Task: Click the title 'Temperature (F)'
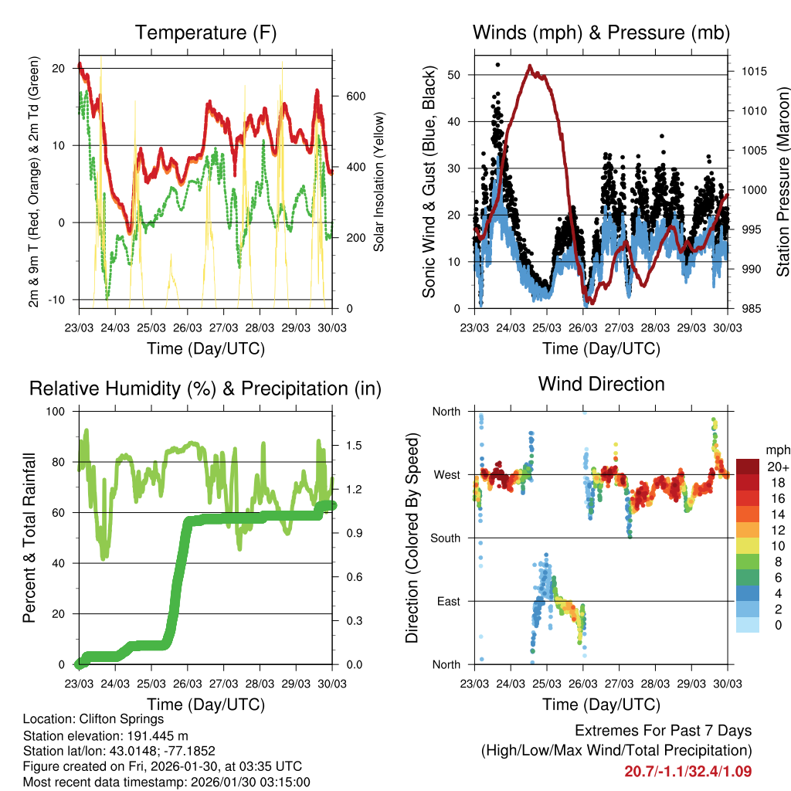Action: [205, 32]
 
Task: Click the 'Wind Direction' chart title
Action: [601, 384]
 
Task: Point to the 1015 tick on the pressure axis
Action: [753, 72]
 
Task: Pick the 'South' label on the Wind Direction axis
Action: [446, 538]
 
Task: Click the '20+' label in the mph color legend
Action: [778, 467]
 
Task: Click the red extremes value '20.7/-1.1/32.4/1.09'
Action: [687, 771]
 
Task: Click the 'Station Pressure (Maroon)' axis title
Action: [783, 182]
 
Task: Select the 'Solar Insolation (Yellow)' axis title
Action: [379, 182]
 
